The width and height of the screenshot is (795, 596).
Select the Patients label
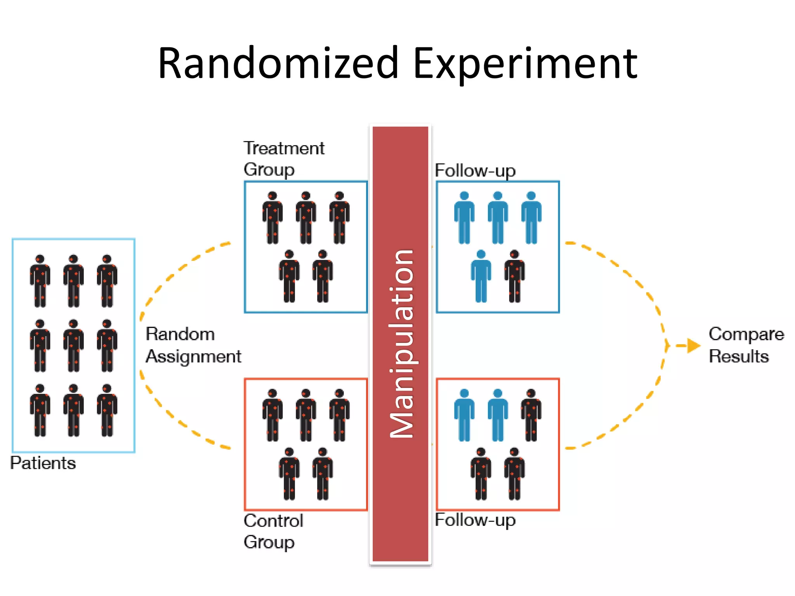point(43,463)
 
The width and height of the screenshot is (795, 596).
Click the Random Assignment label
point(193,345)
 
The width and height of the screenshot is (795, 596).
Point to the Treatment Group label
point(283,159)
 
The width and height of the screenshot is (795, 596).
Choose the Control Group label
point(273,531)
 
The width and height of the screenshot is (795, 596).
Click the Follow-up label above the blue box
point(475,171)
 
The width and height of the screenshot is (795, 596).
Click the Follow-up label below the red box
point(475,520)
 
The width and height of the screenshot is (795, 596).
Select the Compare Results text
point(746,345)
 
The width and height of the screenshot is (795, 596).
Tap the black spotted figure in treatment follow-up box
point(514,276)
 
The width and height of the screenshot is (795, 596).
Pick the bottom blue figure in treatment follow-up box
point(481,276)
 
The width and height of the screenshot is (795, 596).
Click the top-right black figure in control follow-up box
point(531,415)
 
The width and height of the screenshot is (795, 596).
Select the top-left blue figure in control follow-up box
point(464,415)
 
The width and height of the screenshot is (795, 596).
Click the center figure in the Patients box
point(73,346)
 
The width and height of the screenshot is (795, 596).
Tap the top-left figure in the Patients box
point(40,281)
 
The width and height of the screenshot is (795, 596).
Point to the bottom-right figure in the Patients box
point(107,411)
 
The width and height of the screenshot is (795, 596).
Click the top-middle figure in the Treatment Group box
point(306,218)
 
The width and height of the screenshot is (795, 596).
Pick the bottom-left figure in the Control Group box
point(289,474)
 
